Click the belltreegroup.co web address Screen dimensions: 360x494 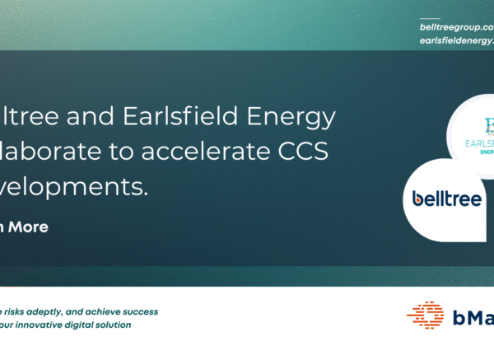[x=456, y=27]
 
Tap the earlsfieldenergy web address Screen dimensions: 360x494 [x=456, y=40]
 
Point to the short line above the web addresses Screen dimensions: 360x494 [x=430, y=18]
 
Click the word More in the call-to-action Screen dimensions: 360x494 [x=28, y=227]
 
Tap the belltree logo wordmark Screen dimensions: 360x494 [x=447, y=199]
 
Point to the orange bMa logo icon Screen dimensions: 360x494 [x=426, y=316]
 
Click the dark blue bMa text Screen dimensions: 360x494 [x=473, y=316]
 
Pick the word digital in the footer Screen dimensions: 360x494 [x=82, y=325]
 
